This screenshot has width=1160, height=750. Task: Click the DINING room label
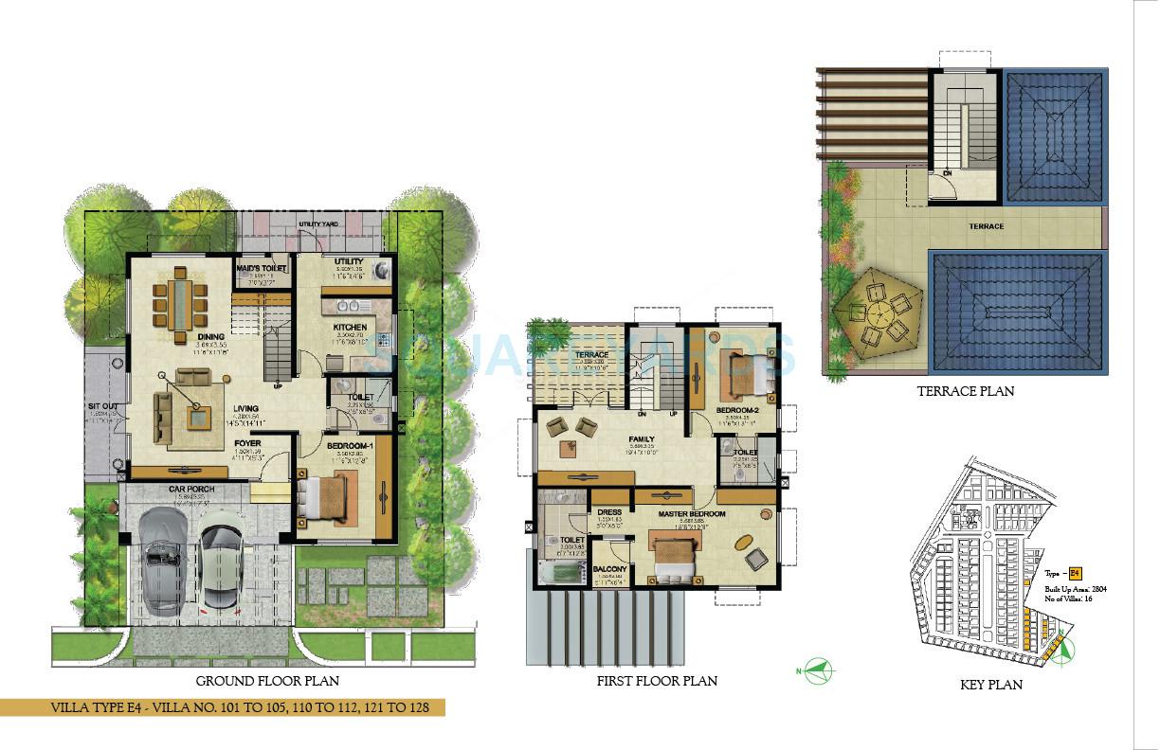click(x=210, y=336)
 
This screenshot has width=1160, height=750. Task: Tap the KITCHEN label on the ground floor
click(x=349, y=328)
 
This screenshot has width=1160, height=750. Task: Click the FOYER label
click(x=247, y=442)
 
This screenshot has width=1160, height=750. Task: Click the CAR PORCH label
click(x=191, y=490)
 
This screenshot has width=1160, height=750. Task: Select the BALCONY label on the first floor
click(x=608, y=570)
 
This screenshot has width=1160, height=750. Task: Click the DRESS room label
click(x=609, y=512)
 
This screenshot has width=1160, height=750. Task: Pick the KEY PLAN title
click(x=990, y=685)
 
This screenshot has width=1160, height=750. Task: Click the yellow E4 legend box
click(x=1075, y=574)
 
